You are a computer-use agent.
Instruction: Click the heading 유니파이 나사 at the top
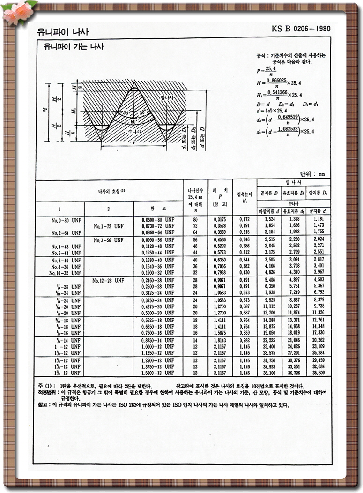pos(63,32)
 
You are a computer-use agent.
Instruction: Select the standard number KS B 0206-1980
pos(301,29)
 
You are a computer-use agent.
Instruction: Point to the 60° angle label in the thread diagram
pos(134,121)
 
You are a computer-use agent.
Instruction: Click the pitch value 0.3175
pos(219,219)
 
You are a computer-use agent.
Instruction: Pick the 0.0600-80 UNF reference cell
pos(158,219)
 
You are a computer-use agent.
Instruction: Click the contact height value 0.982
pos(244,340)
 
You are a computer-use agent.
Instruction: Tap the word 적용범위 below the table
pos(48,392)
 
